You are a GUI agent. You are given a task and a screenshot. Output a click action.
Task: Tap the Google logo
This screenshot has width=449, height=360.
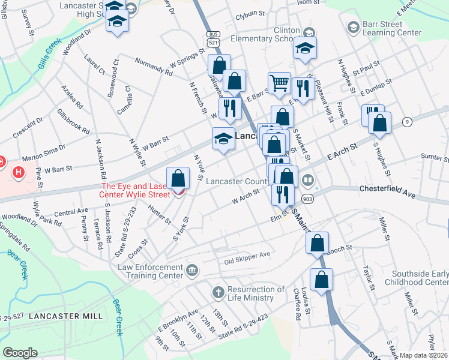tap(20, 353)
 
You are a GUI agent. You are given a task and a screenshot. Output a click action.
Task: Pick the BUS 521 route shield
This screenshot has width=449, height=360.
tap(212, 40)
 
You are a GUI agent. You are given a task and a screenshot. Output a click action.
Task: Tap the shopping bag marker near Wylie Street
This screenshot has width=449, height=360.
tap(178, 178)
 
